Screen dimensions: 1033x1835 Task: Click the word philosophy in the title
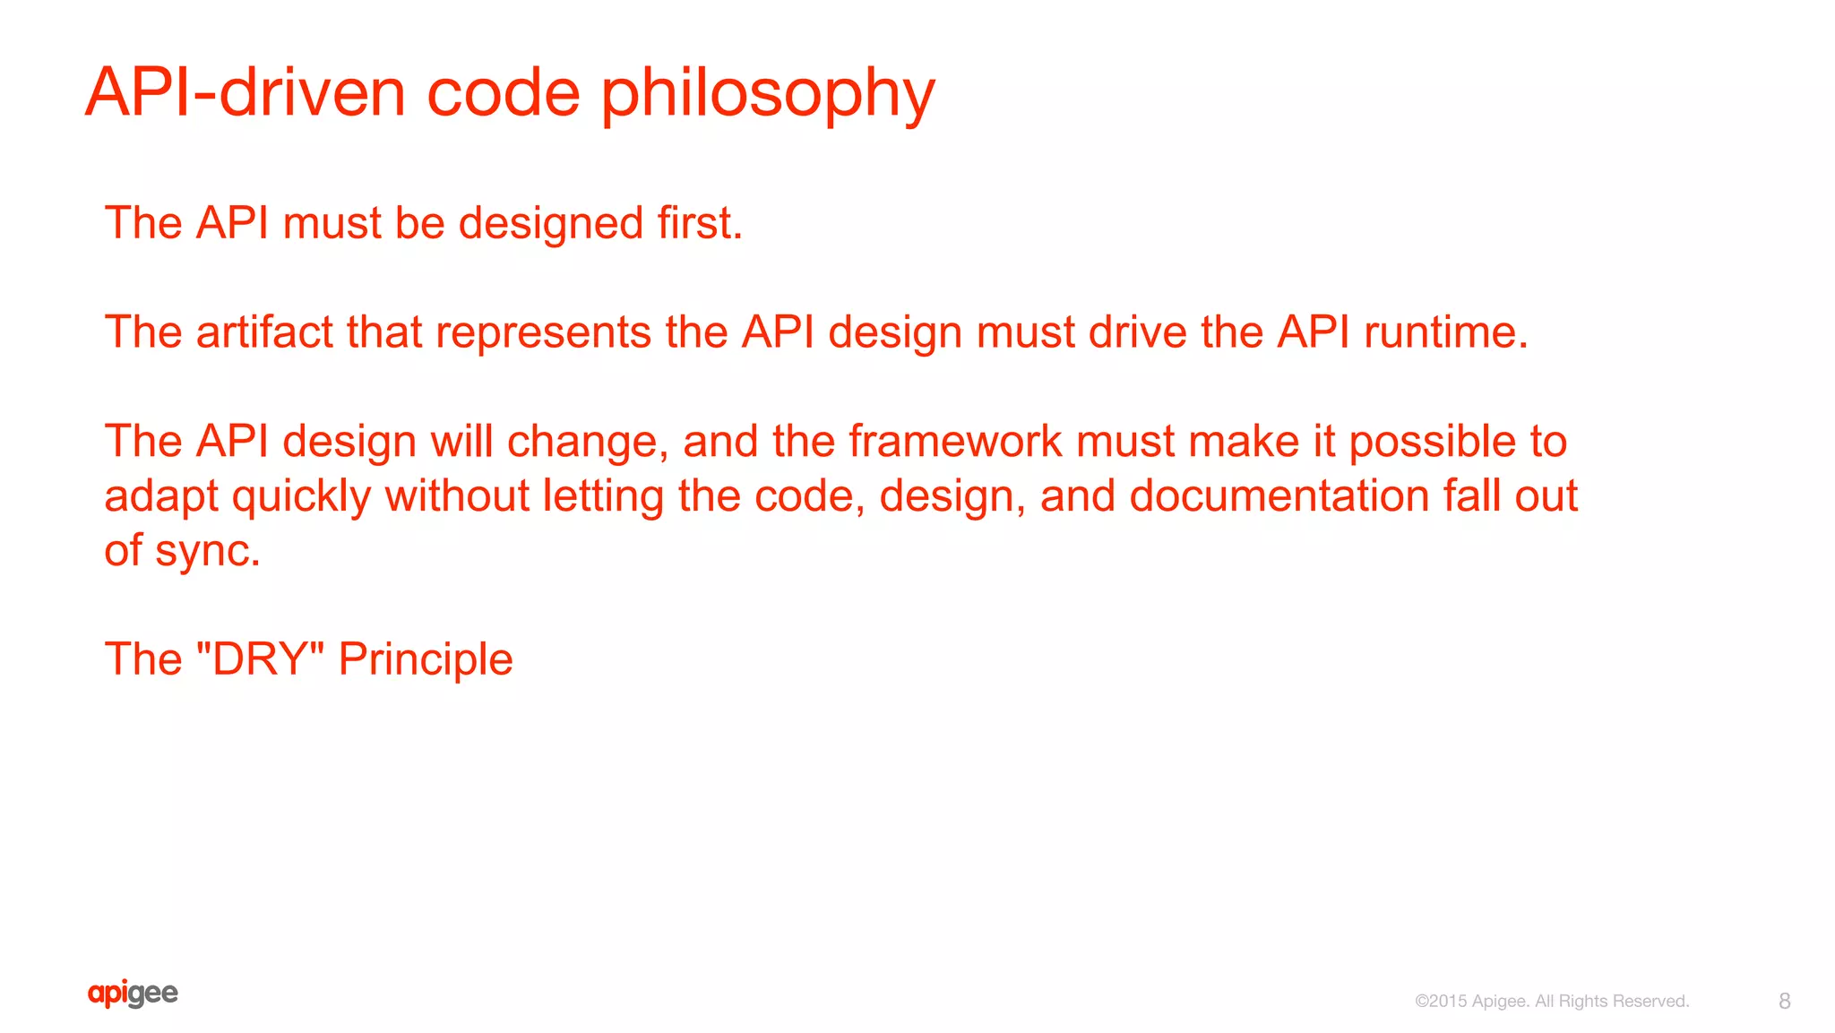pos(767,94)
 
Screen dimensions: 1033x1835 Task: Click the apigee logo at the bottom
pos(133,994)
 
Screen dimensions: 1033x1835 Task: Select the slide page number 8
pos(1784,1001)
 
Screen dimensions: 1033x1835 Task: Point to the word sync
pos(206,550)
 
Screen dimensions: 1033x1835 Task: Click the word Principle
pos(426,660)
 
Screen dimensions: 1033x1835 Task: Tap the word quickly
pos(301,497)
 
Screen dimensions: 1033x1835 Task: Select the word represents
pos(543,333)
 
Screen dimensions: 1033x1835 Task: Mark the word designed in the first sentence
pos(550,224)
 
